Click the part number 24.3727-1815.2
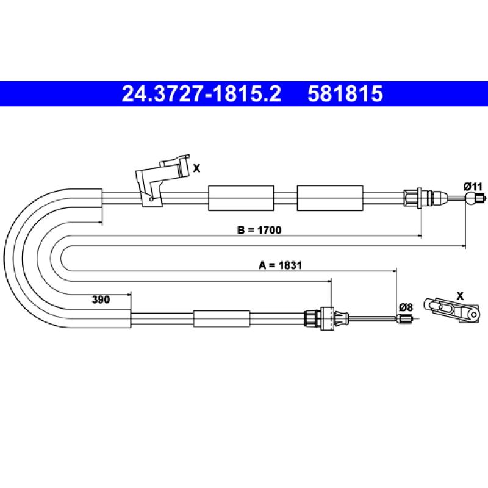pyautogui.click(x=201, y=94)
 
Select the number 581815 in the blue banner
pyautogui.click(x=345, y=94)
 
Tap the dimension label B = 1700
pyautogui.click(x=259, y=230)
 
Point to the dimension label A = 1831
pyautogui.click(x=280, y=265)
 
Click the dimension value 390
pyautogui.click(x=101, y=300)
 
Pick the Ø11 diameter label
pyautogui.click(x=472, y=187)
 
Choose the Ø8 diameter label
pyautogui.click(x=406, y=307)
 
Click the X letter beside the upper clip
pyautogui.click(x=196, y=168)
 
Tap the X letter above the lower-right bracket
pyautogui.click(x=460, y=296)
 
